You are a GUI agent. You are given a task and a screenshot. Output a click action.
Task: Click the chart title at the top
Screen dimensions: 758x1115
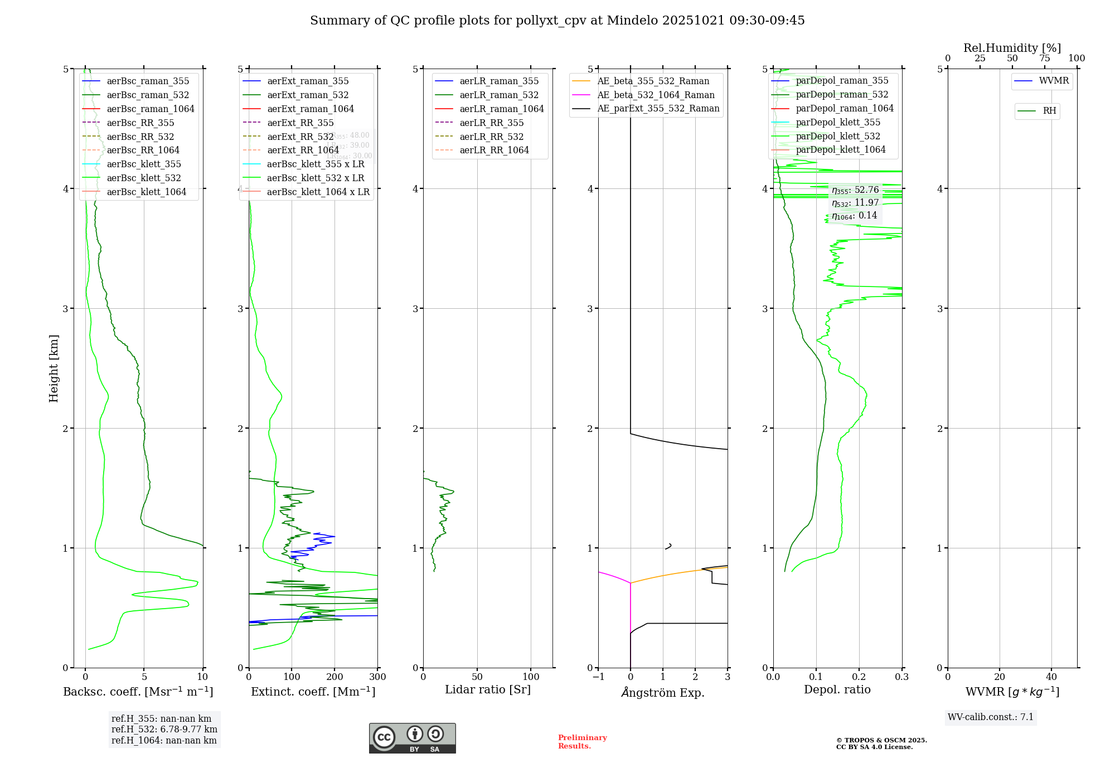557,21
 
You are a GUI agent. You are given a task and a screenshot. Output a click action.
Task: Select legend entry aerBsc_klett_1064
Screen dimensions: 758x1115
146,192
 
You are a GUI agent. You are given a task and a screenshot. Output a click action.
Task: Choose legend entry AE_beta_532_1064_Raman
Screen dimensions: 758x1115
656,95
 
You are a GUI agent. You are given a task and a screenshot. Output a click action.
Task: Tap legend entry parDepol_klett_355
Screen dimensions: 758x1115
838,122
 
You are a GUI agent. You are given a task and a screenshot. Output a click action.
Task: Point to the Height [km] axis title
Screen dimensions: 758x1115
54,368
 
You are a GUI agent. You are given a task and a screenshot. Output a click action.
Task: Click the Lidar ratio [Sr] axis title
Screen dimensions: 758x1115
488,689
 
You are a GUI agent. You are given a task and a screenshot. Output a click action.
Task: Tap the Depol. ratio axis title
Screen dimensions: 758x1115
837,689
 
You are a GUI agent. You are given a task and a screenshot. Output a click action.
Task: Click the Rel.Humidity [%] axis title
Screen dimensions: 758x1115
1012,48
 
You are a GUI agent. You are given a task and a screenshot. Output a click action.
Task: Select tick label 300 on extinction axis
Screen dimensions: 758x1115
377,677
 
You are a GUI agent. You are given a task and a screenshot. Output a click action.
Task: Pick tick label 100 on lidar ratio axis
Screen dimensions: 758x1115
531,677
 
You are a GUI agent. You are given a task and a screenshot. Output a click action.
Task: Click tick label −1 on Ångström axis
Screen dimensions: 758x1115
598,677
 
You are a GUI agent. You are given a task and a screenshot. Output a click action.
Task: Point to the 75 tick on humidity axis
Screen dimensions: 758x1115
1044,59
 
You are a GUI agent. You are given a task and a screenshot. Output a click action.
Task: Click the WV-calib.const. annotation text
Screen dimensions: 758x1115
991,717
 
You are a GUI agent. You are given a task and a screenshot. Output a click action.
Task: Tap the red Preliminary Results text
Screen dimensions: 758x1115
582,741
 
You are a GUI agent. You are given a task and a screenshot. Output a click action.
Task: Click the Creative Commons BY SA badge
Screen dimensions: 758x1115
412,738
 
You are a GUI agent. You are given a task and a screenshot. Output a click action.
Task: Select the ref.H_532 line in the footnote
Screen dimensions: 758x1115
164,729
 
